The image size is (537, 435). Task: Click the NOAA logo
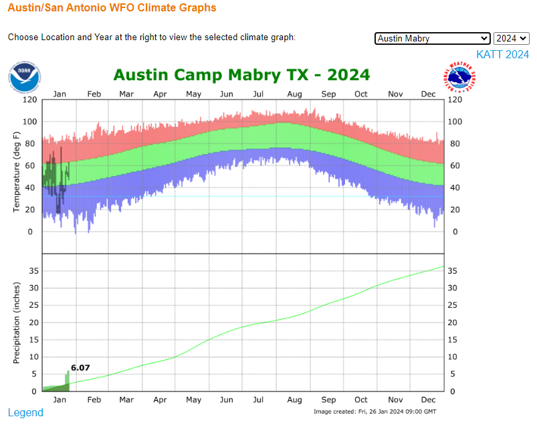coord(25,77)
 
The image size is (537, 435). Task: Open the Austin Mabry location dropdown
coord(433,38)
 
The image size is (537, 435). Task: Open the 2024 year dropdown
coord(512,38)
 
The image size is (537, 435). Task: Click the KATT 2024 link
coord(502,54)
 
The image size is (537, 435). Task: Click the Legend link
coord(25,412)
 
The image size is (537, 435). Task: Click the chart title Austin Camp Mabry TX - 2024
coord(241,74)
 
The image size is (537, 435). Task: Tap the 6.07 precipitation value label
coord(80,367)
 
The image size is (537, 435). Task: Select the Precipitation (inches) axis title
coord(17,323)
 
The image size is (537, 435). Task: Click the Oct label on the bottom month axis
coord(360,400)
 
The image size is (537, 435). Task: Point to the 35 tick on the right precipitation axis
coord(453,271)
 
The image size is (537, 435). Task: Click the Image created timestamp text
coord(374,411)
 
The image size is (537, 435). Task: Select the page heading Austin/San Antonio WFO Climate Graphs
coord(112,8)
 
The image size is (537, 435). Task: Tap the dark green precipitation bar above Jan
coord(66,381)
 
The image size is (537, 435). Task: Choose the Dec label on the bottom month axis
coord(428,400)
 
